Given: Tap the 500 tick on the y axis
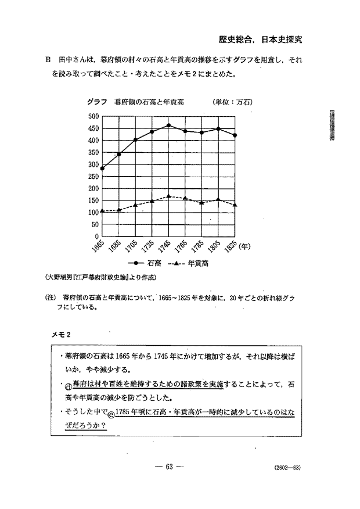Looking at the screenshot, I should [x=92, y=116].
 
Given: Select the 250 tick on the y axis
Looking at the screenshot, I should [x=92, y=176].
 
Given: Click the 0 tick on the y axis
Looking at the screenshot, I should [x=96, y=236].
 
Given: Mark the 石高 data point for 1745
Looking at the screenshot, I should [x=168, y=125].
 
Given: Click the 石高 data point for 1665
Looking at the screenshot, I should [x=102, y=169].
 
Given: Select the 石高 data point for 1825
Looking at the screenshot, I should [x=235, y=135].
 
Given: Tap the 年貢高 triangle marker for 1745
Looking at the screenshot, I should [x=168, y=196].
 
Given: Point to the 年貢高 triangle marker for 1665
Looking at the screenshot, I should [x=102, y=211].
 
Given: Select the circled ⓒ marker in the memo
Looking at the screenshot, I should [x=111, y=414].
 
